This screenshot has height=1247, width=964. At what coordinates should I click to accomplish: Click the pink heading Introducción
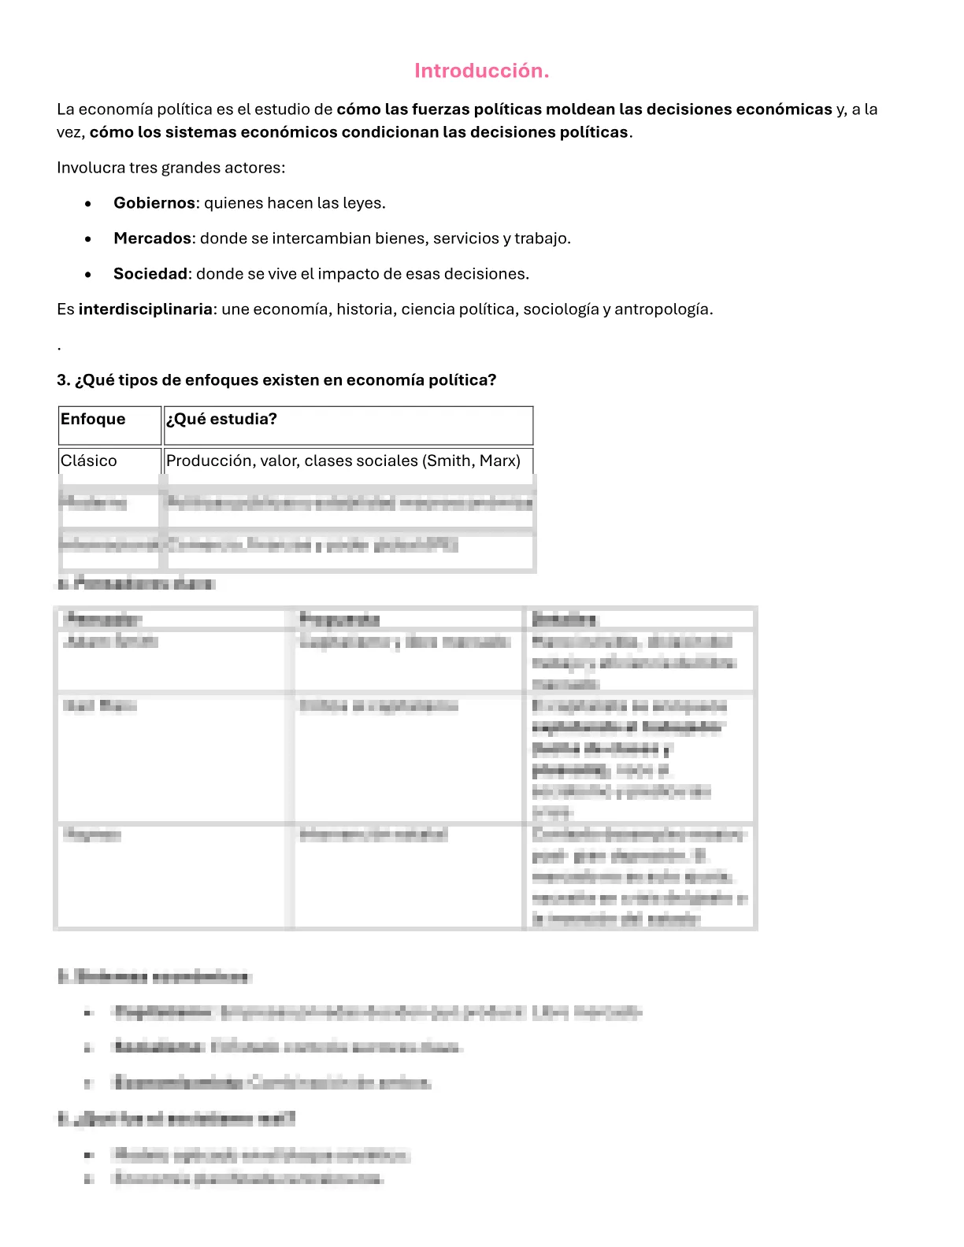481,71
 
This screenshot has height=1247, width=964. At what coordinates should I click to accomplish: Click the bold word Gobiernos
154,203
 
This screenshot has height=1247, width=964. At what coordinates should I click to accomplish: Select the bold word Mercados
152,239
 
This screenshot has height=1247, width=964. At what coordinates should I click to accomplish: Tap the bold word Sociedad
150,274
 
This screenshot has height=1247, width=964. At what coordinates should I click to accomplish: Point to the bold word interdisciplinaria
145,309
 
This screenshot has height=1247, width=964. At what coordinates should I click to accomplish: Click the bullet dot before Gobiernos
88,204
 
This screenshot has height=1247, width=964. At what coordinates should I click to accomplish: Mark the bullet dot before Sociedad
88,275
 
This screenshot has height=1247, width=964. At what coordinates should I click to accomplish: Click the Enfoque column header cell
109,425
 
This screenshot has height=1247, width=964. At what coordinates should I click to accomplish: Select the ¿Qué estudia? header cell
347,425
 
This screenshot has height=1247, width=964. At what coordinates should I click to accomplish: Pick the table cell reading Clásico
109,461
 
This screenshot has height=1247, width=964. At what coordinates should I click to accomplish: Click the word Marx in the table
499,461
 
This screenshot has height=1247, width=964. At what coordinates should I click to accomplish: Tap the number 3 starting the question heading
61,380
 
